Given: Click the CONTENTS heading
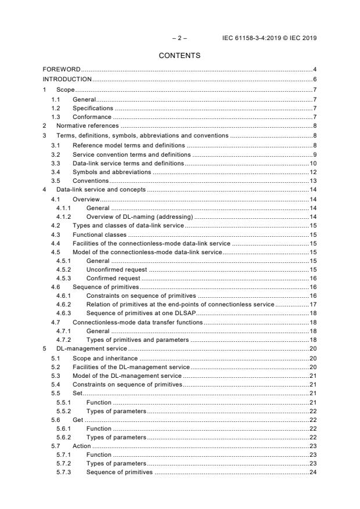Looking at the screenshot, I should tap(180, 56).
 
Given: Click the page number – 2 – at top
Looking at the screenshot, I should tap(180, 38).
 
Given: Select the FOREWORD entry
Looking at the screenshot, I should tap(62, 70).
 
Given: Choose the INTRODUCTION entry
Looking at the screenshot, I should tap(67, 79).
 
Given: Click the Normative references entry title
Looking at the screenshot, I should tap(87, 125).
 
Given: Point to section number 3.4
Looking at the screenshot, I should tap(55, 172).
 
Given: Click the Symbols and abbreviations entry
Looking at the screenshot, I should tap(111, 172).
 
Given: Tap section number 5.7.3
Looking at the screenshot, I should tap(63, 472).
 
